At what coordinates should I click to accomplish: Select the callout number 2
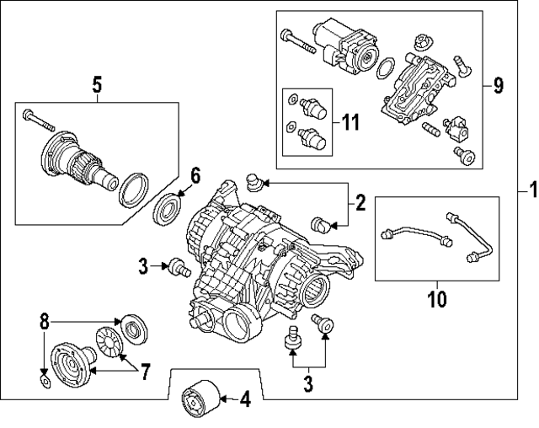click(x=360, y=202)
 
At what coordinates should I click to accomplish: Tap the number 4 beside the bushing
click(x=244, y=399)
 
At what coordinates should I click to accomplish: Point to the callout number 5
click(x=96, y=83)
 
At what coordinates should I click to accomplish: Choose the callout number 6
click(x=195, y=175)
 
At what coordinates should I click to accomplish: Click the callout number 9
click(x=498, y=85)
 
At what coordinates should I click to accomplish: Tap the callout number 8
click(x=45, y=322)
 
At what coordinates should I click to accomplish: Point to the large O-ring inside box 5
click(x=133, y=190)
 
